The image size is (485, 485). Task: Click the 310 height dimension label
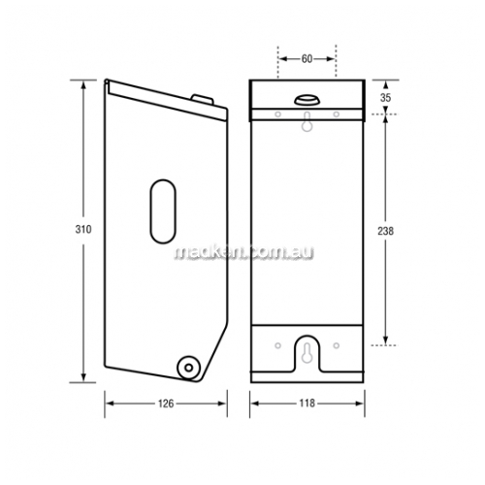coord(83,229)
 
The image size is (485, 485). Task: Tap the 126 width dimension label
coord(166,404)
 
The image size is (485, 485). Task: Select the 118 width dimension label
coord(307,404)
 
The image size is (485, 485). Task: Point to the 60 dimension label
coord(307,59)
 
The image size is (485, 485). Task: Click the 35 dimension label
coord(385,98)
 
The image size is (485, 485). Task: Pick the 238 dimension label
coord(385,231)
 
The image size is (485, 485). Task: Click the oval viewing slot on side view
coord(163,211)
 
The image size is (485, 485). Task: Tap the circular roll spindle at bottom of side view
coord(189,368)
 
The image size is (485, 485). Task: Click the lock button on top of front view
coord(307,100)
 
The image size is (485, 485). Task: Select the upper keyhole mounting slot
coord(307,122)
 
